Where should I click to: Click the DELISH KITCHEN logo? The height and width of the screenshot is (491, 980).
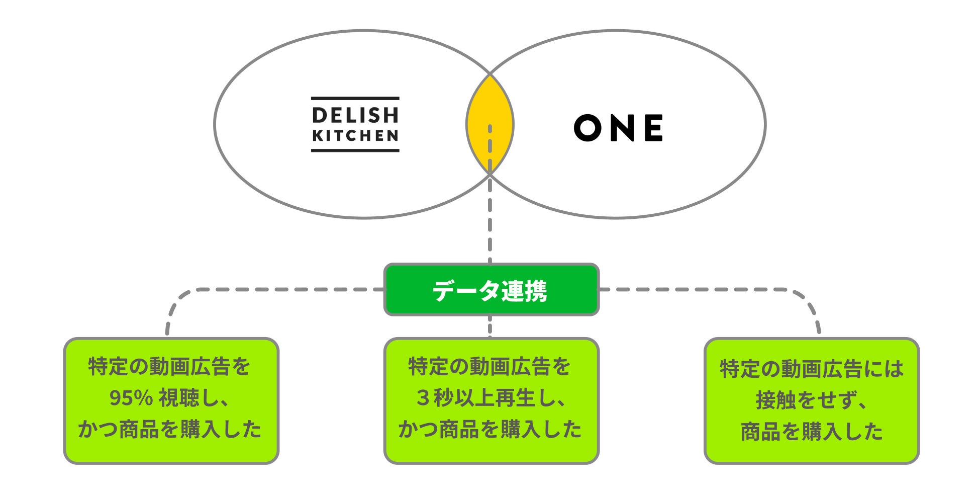(x=355, y=124)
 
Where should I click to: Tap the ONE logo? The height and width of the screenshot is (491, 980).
(x=618, y=127)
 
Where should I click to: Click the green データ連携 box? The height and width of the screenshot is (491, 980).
(x=491, y=290)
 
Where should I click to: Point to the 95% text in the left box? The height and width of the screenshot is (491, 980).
(x=131, y=398)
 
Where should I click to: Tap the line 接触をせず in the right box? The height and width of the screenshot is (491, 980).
(x=811, y=400)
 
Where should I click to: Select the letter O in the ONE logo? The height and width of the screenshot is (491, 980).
(x=587, y=127)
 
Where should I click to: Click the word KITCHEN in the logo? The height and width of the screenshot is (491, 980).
(x=355, y=135)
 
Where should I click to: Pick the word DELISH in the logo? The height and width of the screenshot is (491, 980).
(x=355, y=115)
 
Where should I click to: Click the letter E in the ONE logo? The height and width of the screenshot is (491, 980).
(x=653, y=127)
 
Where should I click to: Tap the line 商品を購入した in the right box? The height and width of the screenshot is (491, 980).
(x=811, y=432)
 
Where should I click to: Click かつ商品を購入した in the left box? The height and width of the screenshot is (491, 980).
(x=170, y=430)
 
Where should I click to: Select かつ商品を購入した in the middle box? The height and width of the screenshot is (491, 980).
(x=490, y=430)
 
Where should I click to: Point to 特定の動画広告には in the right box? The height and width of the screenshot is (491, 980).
(x=811, y=369)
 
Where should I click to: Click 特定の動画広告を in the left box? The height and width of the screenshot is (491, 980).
(x=170, y=367)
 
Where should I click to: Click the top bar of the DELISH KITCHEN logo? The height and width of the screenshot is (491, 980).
(x=355, y=99)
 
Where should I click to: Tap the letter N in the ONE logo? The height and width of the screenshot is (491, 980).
(x=620, y=127)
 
